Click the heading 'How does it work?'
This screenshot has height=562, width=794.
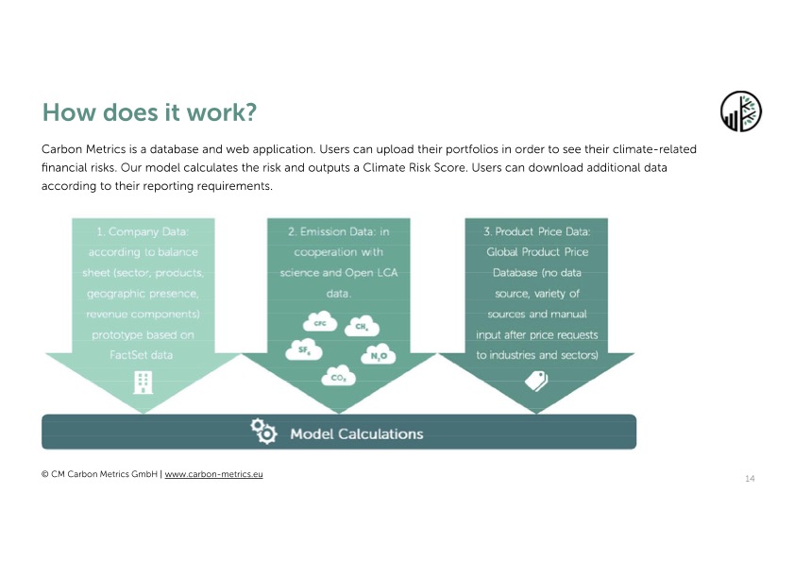coord(149,112)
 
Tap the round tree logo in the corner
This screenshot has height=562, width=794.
coord(741,111)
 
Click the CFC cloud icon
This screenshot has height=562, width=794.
coord(320,322)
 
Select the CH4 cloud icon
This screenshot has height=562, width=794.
coord(362,326)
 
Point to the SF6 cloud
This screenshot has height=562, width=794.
coord(304,349)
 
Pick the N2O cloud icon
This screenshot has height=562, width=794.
coord(379,355)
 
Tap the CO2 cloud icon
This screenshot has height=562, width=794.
coord(338,376)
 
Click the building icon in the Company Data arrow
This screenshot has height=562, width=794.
coord(143,383)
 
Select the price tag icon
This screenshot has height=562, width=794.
coord(536,381)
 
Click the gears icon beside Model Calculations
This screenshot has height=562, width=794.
coord(263,432)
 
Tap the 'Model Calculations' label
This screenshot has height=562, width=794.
coord(357,434)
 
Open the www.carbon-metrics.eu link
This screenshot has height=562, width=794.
coord(213,474)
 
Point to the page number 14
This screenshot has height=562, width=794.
coord(750,478)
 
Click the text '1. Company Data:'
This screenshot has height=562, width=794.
coord(143,231)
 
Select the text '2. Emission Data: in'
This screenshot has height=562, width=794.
coord(339,231)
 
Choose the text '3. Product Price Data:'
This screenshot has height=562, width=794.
coord(537,231)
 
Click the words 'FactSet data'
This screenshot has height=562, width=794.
coord(142,355)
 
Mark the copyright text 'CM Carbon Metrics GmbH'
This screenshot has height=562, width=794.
coord(104,474)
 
